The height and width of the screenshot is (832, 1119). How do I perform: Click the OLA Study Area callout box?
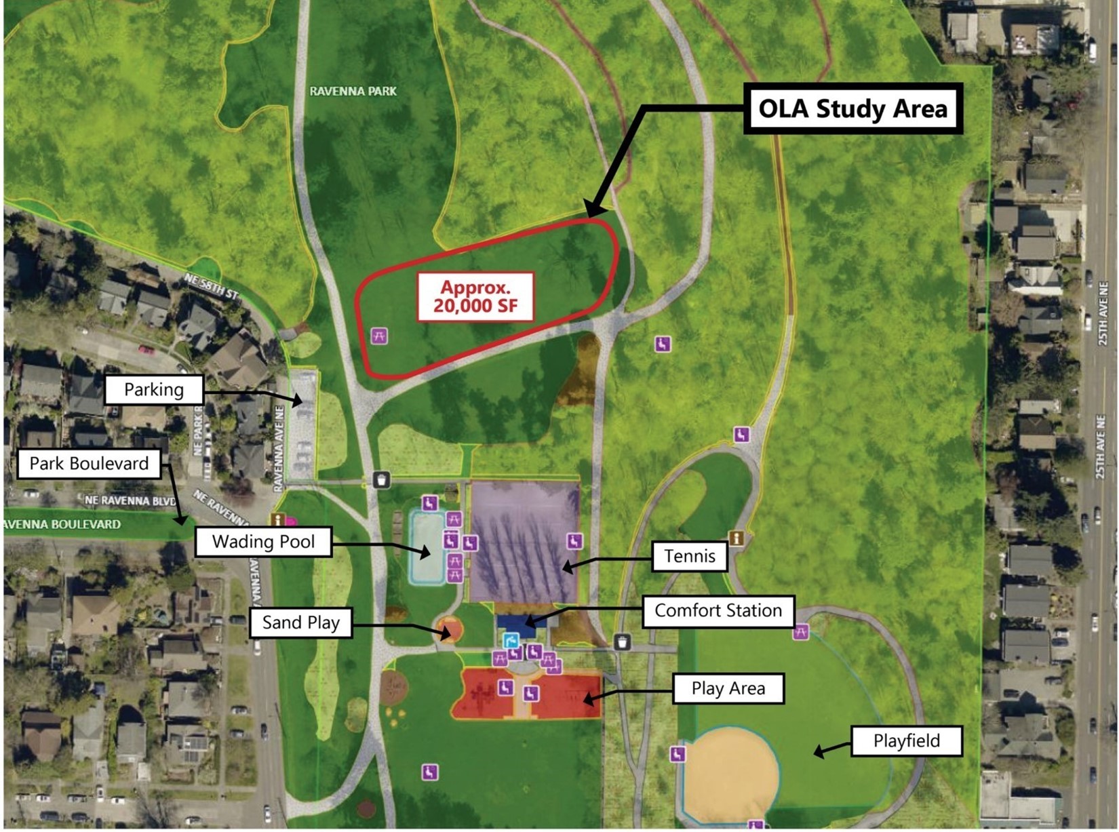[x=853, y=108]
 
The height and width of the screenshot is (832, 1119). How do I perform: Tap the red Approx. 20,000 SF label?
[x=475, y=296]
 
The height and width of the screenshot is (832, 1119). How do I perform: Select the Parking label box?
[x=154, y=390]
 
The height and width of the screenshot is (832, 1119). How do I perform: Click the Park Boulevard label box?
[x=89, y=464]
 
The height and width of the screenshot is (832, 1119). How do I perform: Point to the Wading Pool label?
[x=263, y=542]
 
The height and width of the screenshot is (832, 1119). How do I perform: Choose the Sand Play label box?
[x=300, y=622]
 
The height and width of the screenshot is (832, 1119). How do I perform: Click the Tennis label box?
[x=689, y=556]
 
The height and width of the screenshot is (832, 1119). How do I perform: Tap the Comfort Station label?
[x=718, y=610]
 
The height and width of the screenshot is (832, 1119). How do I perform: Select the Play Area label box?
[x=728, y=689]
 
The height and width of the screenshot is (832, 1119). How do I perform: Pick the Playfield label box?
[x=906, y=740]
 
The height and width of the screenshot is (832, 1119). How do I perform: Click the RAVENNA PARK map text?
[x=353, y=91]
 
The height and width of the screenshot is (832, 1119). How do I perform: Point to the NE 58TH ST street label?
[x=212, y=285]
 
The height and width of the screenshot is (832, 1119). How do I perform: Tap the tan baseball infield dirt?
[x=730, y=773]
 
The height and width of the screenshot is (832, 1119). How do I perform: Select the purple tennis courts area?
[x=524, y=542]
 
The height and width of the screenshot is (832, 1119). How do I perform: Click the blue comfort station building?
[x=521, y=623]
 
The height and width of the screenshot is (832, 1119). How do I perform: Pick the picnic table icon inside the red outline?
[x=379, y=336]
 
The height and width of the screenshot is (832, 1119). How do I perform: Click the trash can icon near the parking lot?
[x=381, y=480]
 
